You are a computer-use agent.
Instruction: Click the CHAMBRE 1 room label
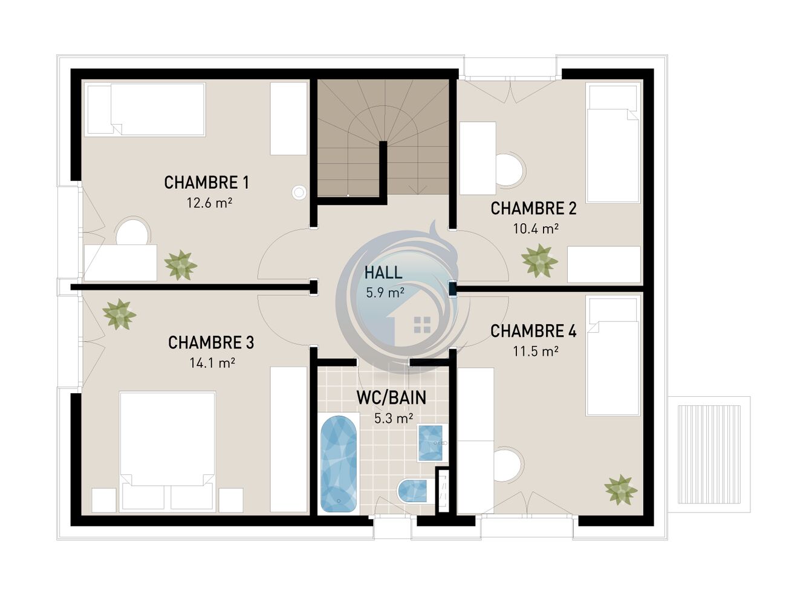[x=206, y=183]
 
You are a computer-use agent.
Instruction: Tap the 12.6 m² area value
[x=209, y=203]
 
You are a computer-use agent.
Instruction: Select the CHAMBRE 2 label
[x=533, y=208]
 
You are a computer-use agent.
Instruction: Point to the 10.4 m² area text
[x=536, y=229]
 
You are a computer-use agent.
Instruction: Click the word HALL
[x=383, y=273]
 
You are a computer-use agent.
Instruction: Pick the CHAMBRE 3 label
[x=211, y=342]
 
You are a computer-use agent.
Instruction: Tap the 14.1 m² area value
[x=212, y=363]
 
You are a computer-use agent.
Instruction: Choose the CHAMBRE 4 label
[x=533, y=331]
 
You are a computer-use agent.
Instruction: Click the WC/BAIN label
[x=391, y=397]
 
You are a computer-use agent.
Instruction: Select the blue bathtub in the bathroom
[x=339, y=464]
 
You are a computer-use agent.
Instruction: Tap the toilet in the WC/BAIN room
[x=412, y=491]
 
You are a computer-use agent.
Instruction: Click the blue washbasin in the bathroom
[x=430, y=443]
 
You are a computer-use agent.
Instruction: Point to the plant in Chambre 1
[x=180, y=265]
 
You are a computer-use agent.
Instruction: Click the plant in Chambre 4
[x=620, y=489]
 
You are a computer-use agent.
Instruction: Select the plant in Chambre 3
[x=119, y=315]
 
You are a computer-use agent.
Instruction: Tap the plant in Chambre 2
[x=539, y=261]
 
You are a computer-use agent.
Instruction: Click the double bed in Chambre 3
[x=167, y=451]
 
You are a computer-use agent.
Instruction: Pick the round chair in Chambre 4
[x=508, y=464]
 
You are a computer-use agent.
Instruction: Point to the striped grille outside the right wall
[x=709, y=454]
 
